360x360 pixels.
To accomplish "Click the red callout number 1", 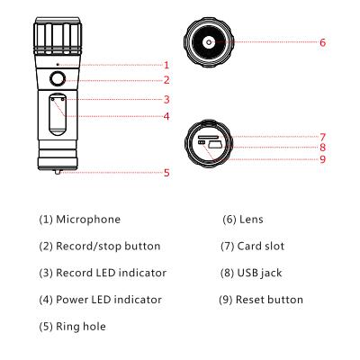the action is (166, 65).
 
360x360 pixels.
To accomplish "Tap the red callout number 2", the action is (166, 80).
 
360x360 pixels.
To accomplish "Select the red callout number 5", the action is (166, 173).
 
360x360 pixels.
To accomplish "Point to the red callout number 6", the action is (322, 42).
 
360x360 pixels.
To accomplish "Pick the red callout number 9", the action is (322, 158).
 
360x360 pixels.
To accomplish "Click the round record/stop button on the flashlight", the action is (57, 79).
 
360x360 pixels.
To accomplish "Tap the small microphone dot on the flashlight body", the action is (58, 64).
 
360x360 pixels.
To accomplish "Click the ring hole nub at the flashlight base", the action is (58, 172).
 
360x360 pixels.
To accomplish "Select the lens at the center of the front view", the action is (209, 42).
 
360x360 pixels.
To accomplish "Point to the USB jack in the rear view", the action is (215, 145).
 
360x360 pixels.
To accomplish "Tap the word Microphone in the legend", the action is (88, 220).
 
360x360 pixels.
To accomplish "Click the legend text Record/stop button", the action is (108, 246).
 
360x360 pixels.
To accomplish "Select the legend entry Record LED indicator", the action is (112, 273).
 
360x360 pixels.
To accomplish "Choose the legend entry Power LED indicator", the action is (109, 300).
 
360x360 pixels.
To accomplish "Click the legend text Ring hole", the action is (81, 327).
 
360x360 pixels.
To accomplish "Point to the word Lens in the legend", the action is (251, 220).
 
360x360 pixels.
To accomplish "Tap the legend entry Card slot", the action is (261, 246).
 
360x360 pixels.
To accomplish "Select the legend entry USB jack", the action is (260, 273).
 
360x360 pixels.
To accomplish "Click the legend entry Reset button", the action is (269, 300).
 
